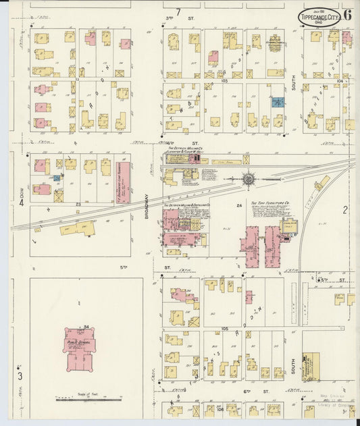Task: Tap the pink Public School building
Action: [80, 348]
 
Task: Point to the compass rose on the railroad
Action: [249, 179]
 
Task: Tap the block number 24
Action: [238, 205]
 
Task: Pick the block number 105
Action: [224, 328]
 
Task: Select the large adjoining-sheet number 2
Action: [344, 210]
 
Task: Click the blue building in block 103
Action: [277, 102]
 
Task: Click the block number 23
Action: [78, 203]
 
